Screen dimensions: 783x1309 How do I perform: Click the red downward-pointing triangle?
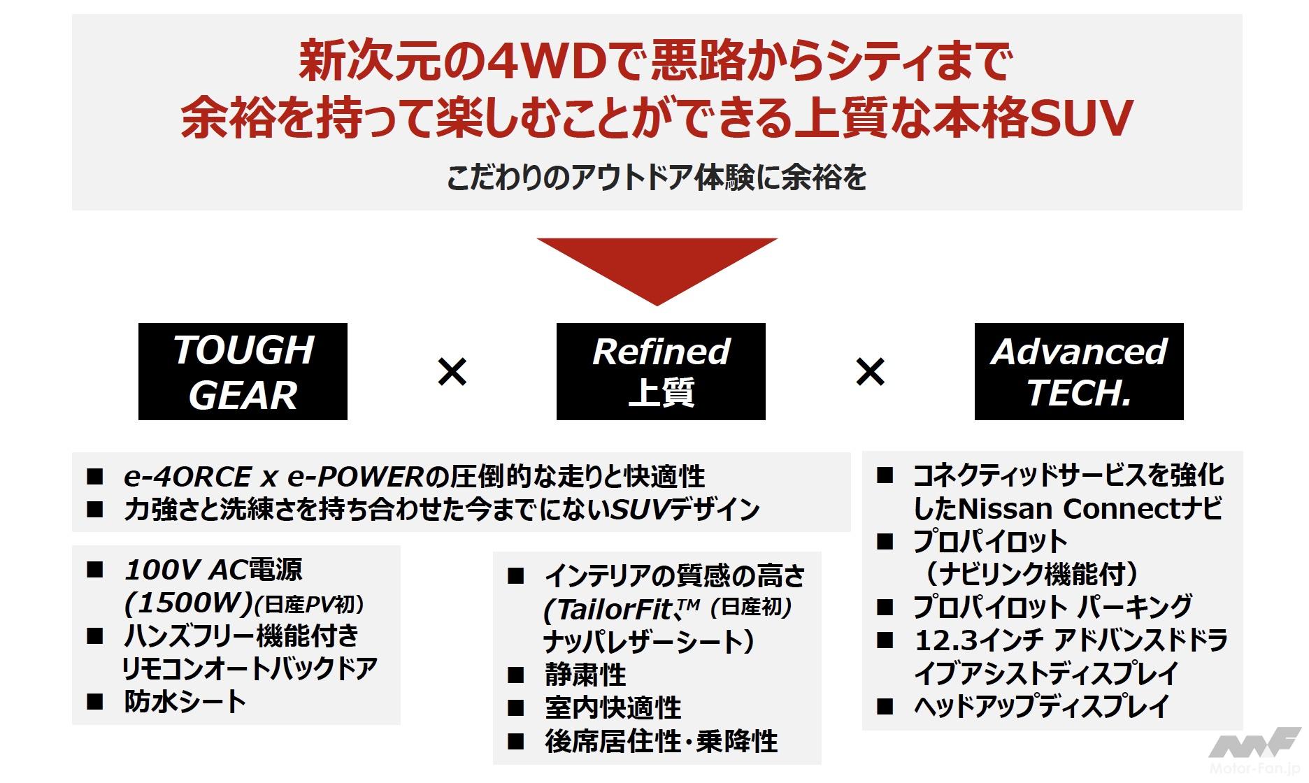(x=657, y=266)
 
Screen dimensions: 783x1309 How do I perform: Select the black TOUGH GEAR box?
(x=243, y=371)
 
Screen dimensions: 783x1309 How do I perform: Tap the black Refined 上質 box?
(x=661, y=371)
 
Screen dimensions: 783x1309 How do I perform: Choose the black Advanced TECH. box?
(x=1078, y=371)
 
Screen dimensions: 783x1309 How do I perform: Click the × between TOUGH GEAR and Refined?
(x=452, y=371)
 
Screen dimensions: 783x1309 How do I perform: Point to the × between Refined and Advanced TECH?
(x=870, y=371)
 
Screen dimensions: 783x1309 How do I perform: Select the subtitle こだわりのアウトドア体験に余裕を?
(x=657, y=178)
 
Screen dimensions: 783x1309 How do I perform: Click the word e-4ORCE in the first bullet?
(x=187, y=477)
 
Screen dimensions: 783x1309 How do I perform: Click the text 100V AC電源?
(x=213, y=570)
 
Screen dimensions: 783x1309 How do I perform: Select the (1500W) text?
(x=187, y=603)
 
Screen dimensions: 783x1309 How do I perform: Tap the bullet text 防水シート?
(x=185, y=701)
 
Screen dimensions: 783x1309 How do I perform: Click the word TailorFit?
(x=608, y=610)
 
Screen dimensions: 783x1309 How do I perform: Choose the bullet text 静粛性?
(x=585, y=675)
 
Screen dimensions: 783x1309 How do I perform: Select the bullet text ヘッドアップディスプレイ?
(x=1041, y=706)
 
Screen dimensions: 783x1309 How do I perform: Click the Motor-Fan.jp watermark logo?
(x=1255, y=755)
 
